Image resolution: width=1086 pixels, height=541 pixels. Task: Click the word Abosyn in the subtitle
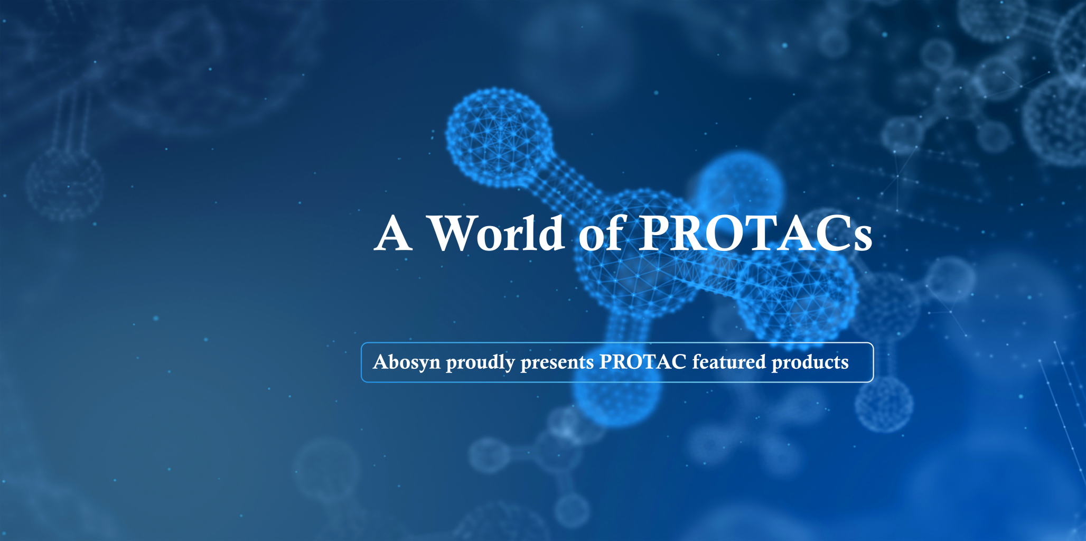click(x=406, y=362)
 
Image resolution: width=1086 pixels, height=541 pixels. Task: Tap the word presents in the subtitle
click(x=557, y=362)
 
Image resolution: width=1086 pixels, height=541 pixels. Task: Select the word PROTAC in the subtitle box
click(x=643, y=362)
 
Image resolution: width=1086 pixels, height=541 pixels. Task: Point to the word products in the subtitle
click(x=810, y=362)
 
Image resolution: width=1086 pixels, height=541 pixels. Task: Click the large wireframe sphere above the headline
click(x=499, y=137)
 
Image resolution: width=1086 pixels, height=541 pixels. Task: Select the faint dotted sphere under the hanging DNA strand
click(x=64, y=183)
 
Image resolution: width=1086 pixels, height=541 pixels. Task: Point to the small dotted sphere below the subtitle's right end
click(x=884, y=404)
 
